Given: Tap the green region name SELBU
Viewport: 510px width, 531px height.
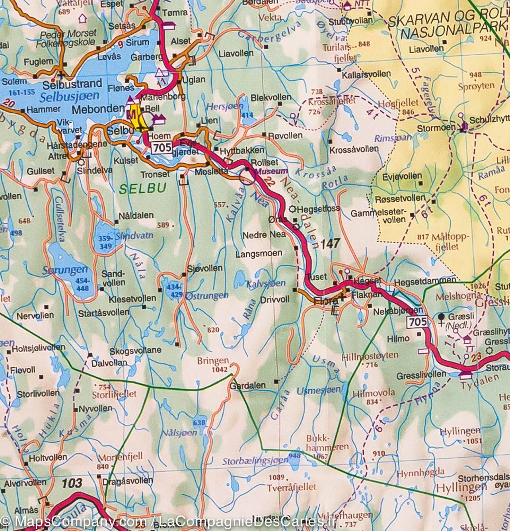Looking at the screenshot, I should click(x=143, y=188).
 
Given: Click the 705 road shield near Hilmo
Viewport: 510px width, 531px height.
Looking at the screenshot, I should click(x=417, y=322).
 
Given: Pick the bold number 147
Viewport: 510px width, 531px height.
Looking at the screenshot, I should click(x=330, y=243).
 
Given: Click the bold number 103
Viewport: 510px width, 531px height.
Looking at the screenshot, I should click(x=72, y=482).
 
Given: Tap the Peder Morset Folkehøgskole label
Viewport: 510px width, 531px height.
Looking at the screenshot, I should click(x=68, y=38).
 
